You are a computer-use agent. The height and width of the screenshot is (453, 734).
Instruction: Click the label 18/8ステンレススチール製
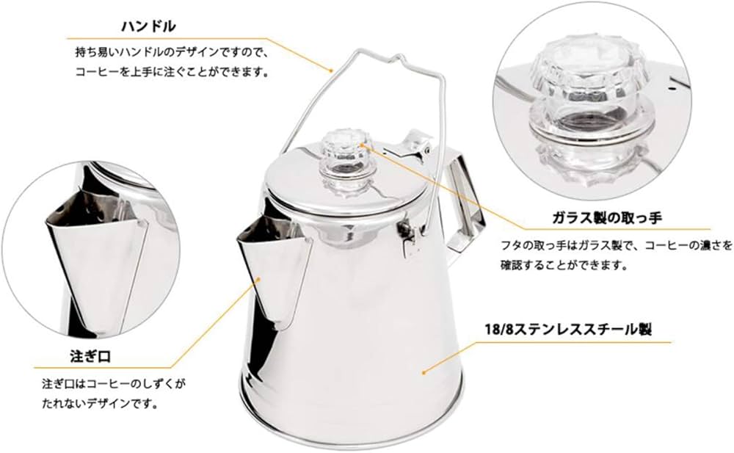578,330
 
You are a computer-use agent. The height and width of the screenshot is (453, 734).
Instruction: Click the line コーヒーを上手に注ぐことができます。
173,73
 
